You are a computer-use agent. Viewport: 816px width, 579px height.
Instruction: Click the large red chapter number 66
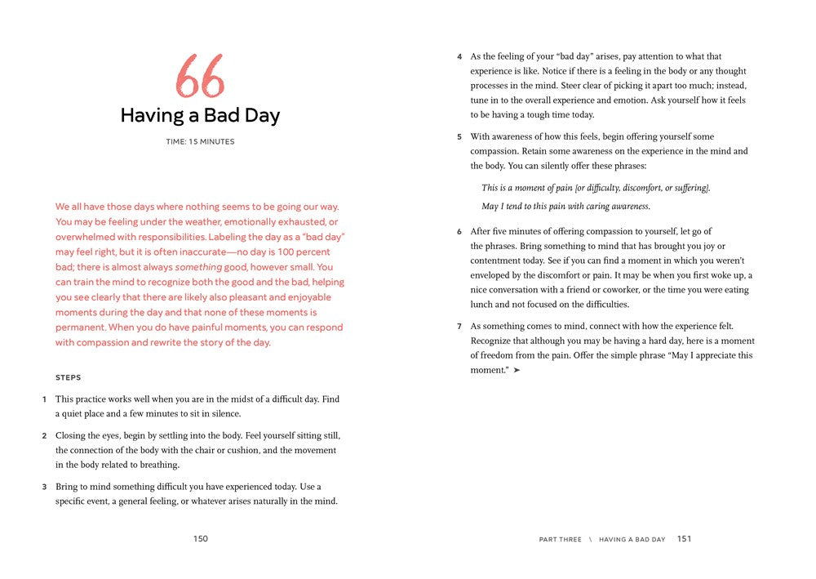click(200, 77)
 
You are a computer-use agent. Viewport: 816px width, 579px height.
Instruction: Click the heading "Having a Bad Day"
click(200, 116)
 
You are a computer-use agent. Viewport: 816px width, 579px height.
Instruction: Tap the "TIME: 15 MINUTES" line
click(200, 142)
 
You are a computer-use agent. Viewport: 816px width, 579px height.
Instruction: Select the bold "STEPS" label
click(68, 378)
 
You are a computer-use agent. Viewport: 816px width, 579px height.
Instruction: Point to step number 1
click(44, 400)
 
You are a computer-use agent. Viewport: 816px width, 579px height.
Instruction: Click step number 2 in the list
click(44, 436)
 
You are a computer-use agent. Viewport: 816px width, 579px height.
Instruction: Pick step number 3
click(44, 487)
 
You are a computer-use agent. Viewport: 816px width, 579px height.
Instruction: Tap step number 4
click(459, 57)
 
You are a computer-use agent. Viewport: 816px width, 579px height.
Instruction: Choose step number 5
click(459, 137)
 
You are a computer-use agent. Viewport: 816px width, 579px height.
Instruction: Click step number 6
click(459, 232)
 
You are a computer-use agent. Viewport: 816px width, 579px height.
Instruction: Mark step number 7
click(459, 327)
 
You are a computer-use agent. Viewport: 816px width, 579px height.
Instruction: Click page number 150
click(201, 539)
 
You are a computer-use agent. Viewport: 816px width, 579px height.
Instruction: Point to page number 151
click(684, 539)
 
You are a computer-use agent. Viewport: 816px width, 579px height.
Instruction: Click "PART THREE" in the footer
click(561, 540)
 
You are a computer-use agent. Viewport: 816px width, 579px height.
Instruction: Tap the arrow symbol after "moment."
click(517, 371)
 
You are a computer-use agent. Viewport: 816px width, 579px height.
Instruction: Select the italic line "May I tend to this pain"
click(565, 207)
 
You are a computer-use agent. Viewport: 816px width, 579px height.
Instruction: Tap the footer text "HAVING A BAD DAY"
click(632, 540)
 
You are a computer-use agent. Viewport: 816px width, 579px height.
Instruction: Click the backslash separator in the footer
click(590, 540)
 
